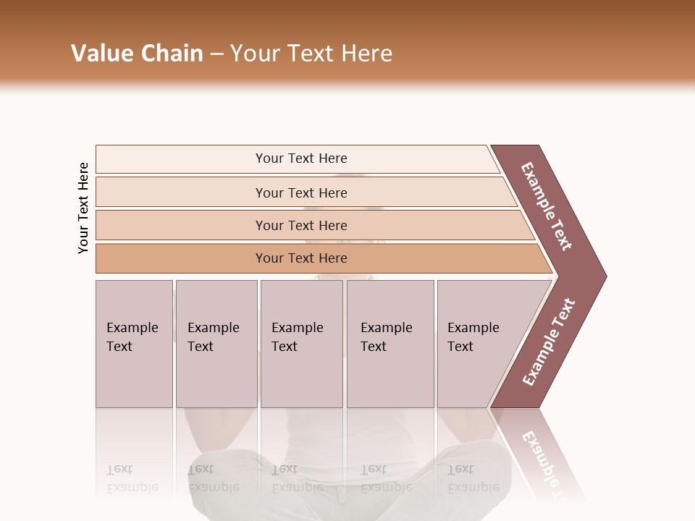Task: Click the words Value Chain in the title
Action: point(137,54)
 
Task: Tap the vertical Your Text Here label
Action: point(83,208)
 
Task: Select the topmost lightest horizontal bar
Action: point(181,159)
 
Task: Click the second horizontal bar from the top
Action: point(181,192)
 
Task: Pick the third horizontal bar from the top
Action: point(181,225)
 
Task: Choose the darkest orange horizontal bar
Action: point(181,258)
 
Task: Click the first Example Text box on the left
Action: point(134,344)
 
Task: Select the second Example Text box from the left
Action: point(216,344)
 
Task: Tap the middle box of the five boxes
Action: point(301,344)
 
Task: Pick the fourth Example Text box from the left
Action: point(390,344)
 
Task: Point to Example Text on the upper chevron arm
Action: point(547,206)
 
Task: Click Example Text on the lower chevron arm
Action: point(549,342)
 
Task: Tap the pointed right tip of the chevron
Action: point(602,276)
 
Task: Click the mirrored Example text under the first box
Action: point(132,487)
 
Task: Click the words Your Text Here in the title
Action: point(311,54)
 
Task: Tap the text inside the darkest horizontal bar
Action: point(301,258)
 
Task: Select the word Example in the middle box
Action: point(297,328)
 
